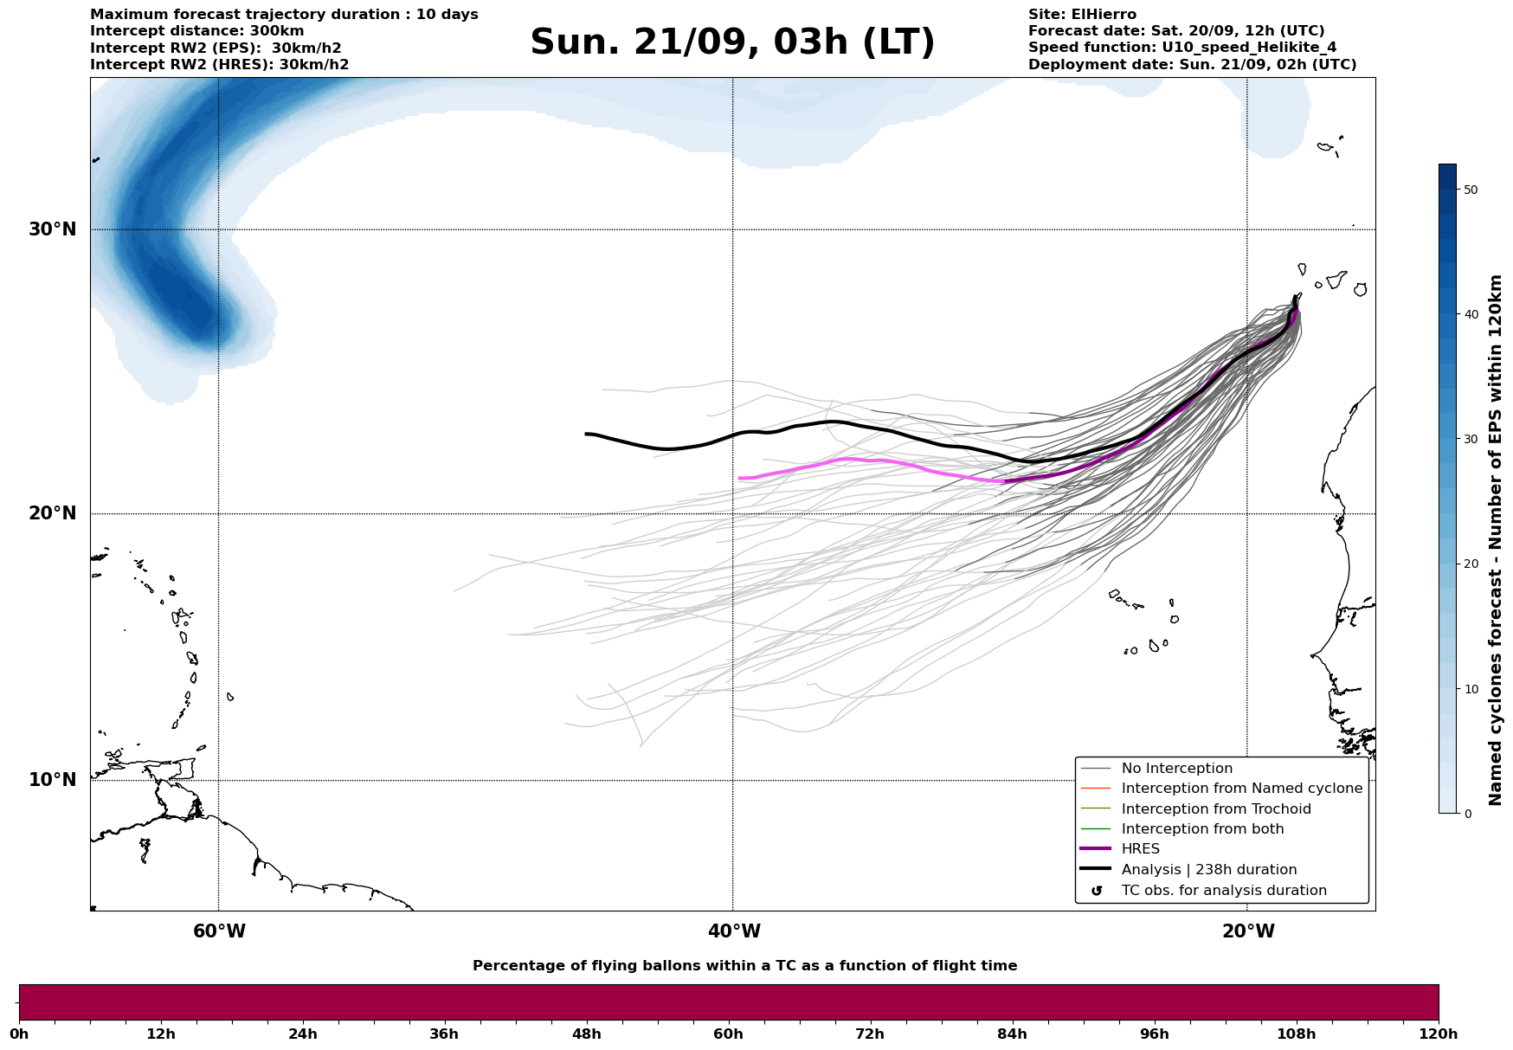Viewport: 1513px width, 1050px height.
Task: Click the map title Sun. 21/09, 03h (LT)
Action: click(732, 42)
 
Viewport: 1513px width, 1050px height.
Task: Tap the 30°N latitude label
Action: click(53, 229)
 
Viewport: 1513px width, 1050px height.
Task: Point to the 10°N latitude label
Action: click(53, 780)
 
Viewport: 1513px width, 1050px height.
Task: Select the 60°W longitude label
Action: click(219, 931)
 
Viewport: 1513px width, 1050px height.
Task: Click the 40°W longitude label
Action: click(734, 931)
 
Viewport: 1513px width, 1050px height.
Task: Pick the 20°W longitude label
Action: click(1248, 931)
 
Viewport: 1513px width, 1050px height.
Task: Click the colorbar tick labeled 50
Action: click(1470, 190)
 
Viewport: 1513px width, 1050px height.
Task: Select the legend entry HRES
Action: click(1140, 849)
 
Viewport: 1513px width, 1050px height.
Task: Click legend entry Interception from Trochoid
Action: click(1215, 809)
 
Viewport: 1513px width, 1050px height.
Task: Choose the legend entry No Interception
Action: click(1176, 769)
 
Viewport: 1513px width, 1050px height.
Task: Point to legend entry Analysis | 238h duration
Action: click(1208, 870)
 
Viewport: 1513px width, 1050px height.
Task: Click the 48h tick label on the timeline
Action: click(586, 1034)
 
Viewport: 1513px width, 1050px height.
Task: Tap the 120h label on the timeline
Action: click(1438, 1034)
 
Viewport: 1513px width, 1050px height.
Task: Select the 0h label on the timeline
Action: click(19, 1034)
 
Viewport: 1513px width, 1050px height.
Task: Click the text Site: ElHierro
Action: click(1082, 15)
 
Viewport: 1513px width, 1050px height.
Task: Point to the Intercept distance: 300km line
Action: click(196, 31)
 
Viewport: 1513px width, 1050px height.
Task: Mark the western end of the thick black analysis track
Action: click(587, 434)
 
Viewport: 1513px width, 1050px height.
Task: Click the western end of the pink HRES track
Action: click(740, 478)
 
